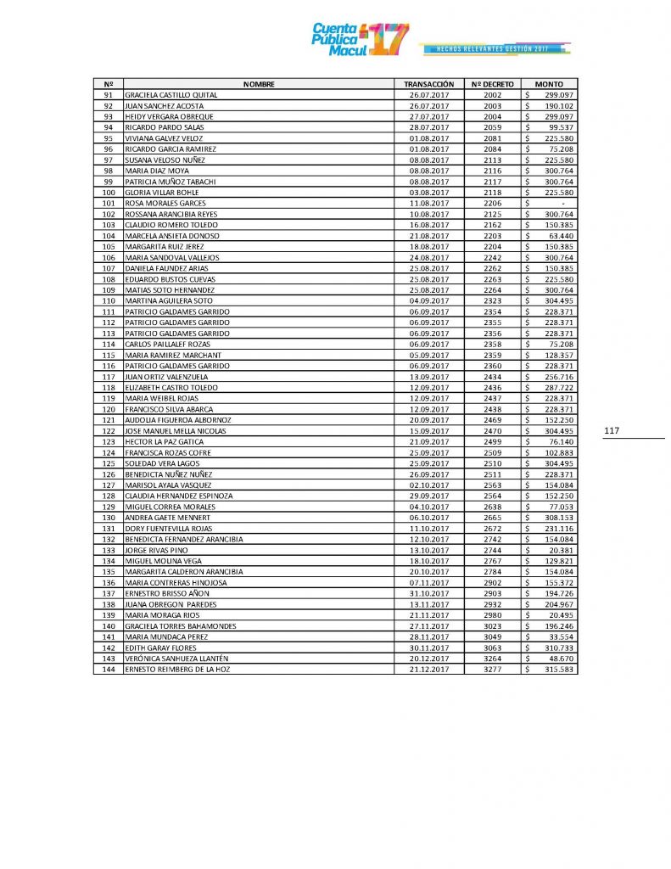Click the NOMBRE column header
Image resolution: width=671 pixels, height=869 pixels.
click(259, 84)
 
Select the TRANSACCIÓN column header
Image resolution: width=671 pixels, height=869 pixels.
click(429, 84)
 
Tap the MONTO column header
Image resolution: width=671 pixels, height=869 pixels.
click(550, 84)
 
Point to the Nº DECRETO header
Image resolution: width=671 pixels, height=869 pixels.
click(493, 84)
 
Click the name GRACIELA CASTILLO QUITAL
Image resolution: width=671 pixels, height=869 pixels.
click(171, 95)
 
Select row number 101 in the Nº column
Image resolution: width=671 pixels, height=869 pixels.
click(108, 204)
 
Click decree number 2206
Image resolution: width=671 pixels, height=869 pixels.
click(493, 204)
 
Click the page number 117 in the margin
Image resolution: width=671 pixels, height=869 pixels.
click(612, 431)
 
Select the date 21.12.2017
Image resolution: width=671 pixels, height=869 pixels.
click(429, 670)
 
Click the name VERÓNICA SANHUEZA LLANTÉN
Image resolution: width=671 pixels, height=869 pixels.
click(178, 659)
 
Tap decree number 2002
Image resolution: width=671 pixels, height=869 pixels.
click(493, 95)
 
